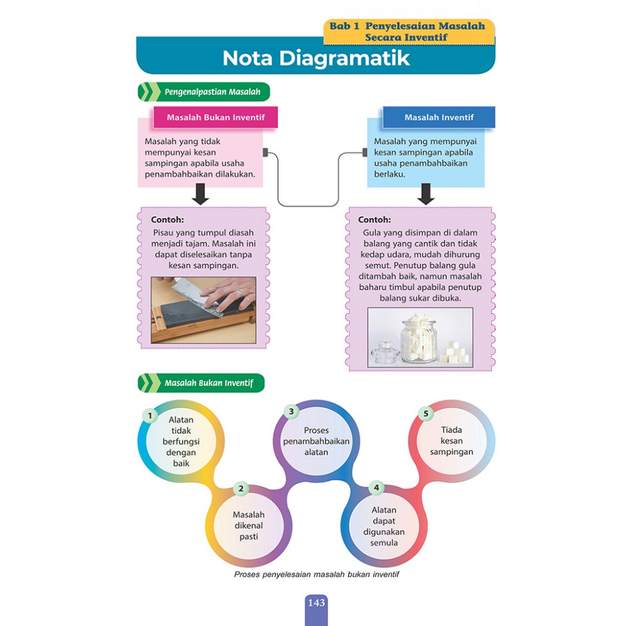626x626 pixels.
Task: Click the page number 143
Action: pyautogui.click(x=316, y=603)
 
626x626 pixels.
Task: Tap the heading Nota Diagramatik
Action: pyautogui.click(x=316, y=58)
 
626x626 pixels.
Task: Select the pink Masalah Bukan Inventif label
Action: pyautogui.click(x=215, y=117)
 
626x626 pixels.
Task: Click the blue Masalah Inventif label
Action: pyautogui.click(x=439, y=117)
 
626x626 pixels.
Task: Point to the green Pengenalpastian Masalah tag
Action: pyautogui.click(x=204, y=92)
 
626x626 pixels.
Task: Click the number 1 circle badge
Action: pyautogui.click(x=150, y=415)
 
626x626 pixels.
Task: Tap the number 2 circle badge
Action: pyautogui.click(x=241, y=488)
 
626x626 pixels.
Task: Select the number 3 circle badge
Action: pyautogui.click(x=291, y=411)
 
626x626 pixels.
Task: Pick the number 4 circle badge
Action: pyautogui.click(x=376, y=488)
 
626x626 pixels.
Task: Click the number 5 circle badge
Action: pyautogui.click(x=426, y=414)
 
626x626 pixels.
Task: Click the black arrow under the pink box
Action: pyautogui.click(x=200, y=194)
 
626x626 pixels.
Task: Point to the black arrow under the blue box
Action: pyautogui.click(x=426, y=194)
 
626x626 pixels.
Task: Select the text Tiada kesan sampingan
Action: pyautogui.click(x=451, y=441)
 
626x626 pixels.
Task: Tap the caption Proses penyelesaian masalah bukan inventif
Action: pyautogui.click(x=316, y=574)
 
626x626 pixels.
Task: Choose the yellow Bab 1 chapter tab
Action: pyautogui.click(x=408, y=32)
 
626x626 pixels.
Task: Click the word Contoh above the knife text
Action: pyautogui.click(x=167, y=220)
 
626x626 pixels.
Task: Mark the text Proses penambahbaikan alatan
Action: pyautogui.click(x=316, y=441)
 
